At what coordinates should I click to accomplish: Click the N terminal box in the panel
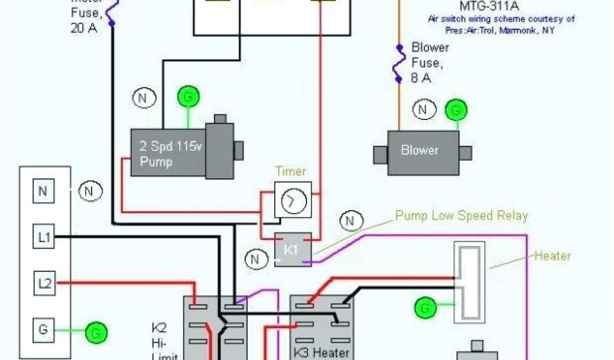click(x=43, y=192)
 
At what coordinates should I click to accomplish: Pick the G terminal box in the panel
click(x=43, y=329)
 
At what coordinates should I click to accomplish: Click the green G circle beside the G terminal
click(x=95, y=331)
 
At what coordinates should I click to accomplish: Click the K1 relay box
click(x=292, y=249)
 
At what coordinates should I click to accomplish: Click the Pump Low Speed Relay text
click(x=462, y=216)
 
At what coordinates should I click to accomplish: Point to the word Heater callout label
click(x=552, y=256)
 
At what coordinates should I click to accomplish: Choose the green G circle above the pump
click(x=188, y=97)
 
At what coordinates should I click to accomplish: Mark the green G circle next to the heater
click(x=425, y=308)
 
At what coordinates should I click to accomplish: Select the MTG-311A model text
click(x=481, y=7)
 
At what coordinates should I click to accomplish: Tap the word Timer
click(x=291, y=171)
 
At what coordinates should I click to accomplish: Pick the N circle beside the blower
click(x=423, y=110)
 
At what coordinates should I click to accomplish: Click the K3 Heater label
click(x=321, y=352)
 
